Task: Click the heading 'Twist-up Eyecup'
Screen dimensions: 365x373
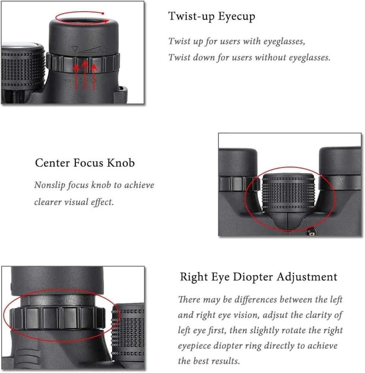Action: coord(212,17)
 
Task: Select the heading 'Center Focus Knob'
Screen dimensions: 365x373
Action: coord(85,163)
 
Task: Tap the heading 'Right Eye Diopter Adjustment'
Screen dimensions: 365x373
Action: coord(258,277)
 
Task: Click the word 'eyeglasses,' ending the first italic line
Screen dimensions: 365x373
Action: coord(284,41)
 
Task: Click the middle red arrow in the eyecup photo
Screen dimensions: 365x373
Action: coord(85,75)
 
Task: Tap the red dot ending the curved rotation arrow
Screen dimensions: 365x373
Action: coord(103,13)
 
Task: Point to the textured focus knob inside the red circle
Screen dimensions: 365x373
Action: coord(289,193)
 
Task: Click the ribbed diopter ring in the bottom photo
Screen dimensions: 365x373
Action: coord(57,318)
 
